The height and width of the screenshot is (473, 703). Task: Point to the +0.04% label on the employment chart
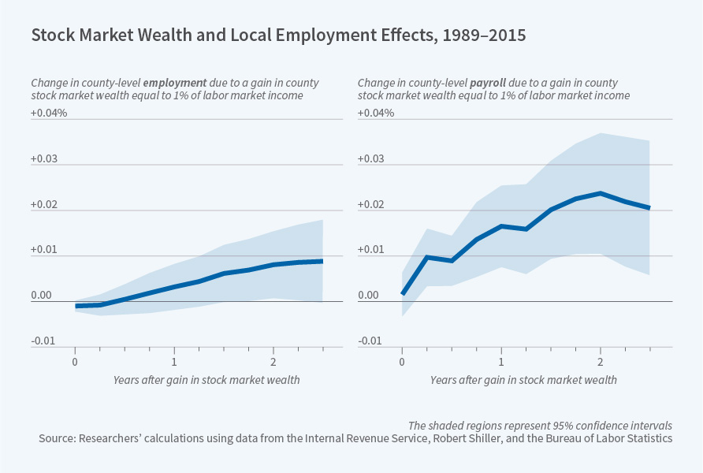click(x=49, y=113)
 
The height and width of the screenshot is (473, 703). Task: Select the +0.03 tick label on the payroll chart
click(x=373, y=158)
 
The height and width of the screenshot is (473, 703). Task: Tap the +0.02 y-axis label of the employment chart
click(x=45, y=204)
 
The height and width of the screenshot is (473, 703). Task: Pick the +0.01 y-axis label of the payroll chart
click(x=373, y=250)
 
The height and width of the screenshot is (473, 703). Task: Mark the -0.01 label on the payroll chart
click(x=371, y=341)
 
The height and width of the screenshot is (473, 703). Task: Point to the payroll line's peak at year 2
click(x=601, y=193)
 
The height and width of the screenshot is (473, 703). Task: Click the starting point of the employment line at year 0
click(x=76, y=306)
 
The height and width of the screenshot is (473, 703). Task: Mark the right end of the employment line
click(x=322, y=261)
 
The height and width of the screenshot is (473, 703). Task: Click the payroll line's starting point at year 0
click(x=403, y=293)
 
